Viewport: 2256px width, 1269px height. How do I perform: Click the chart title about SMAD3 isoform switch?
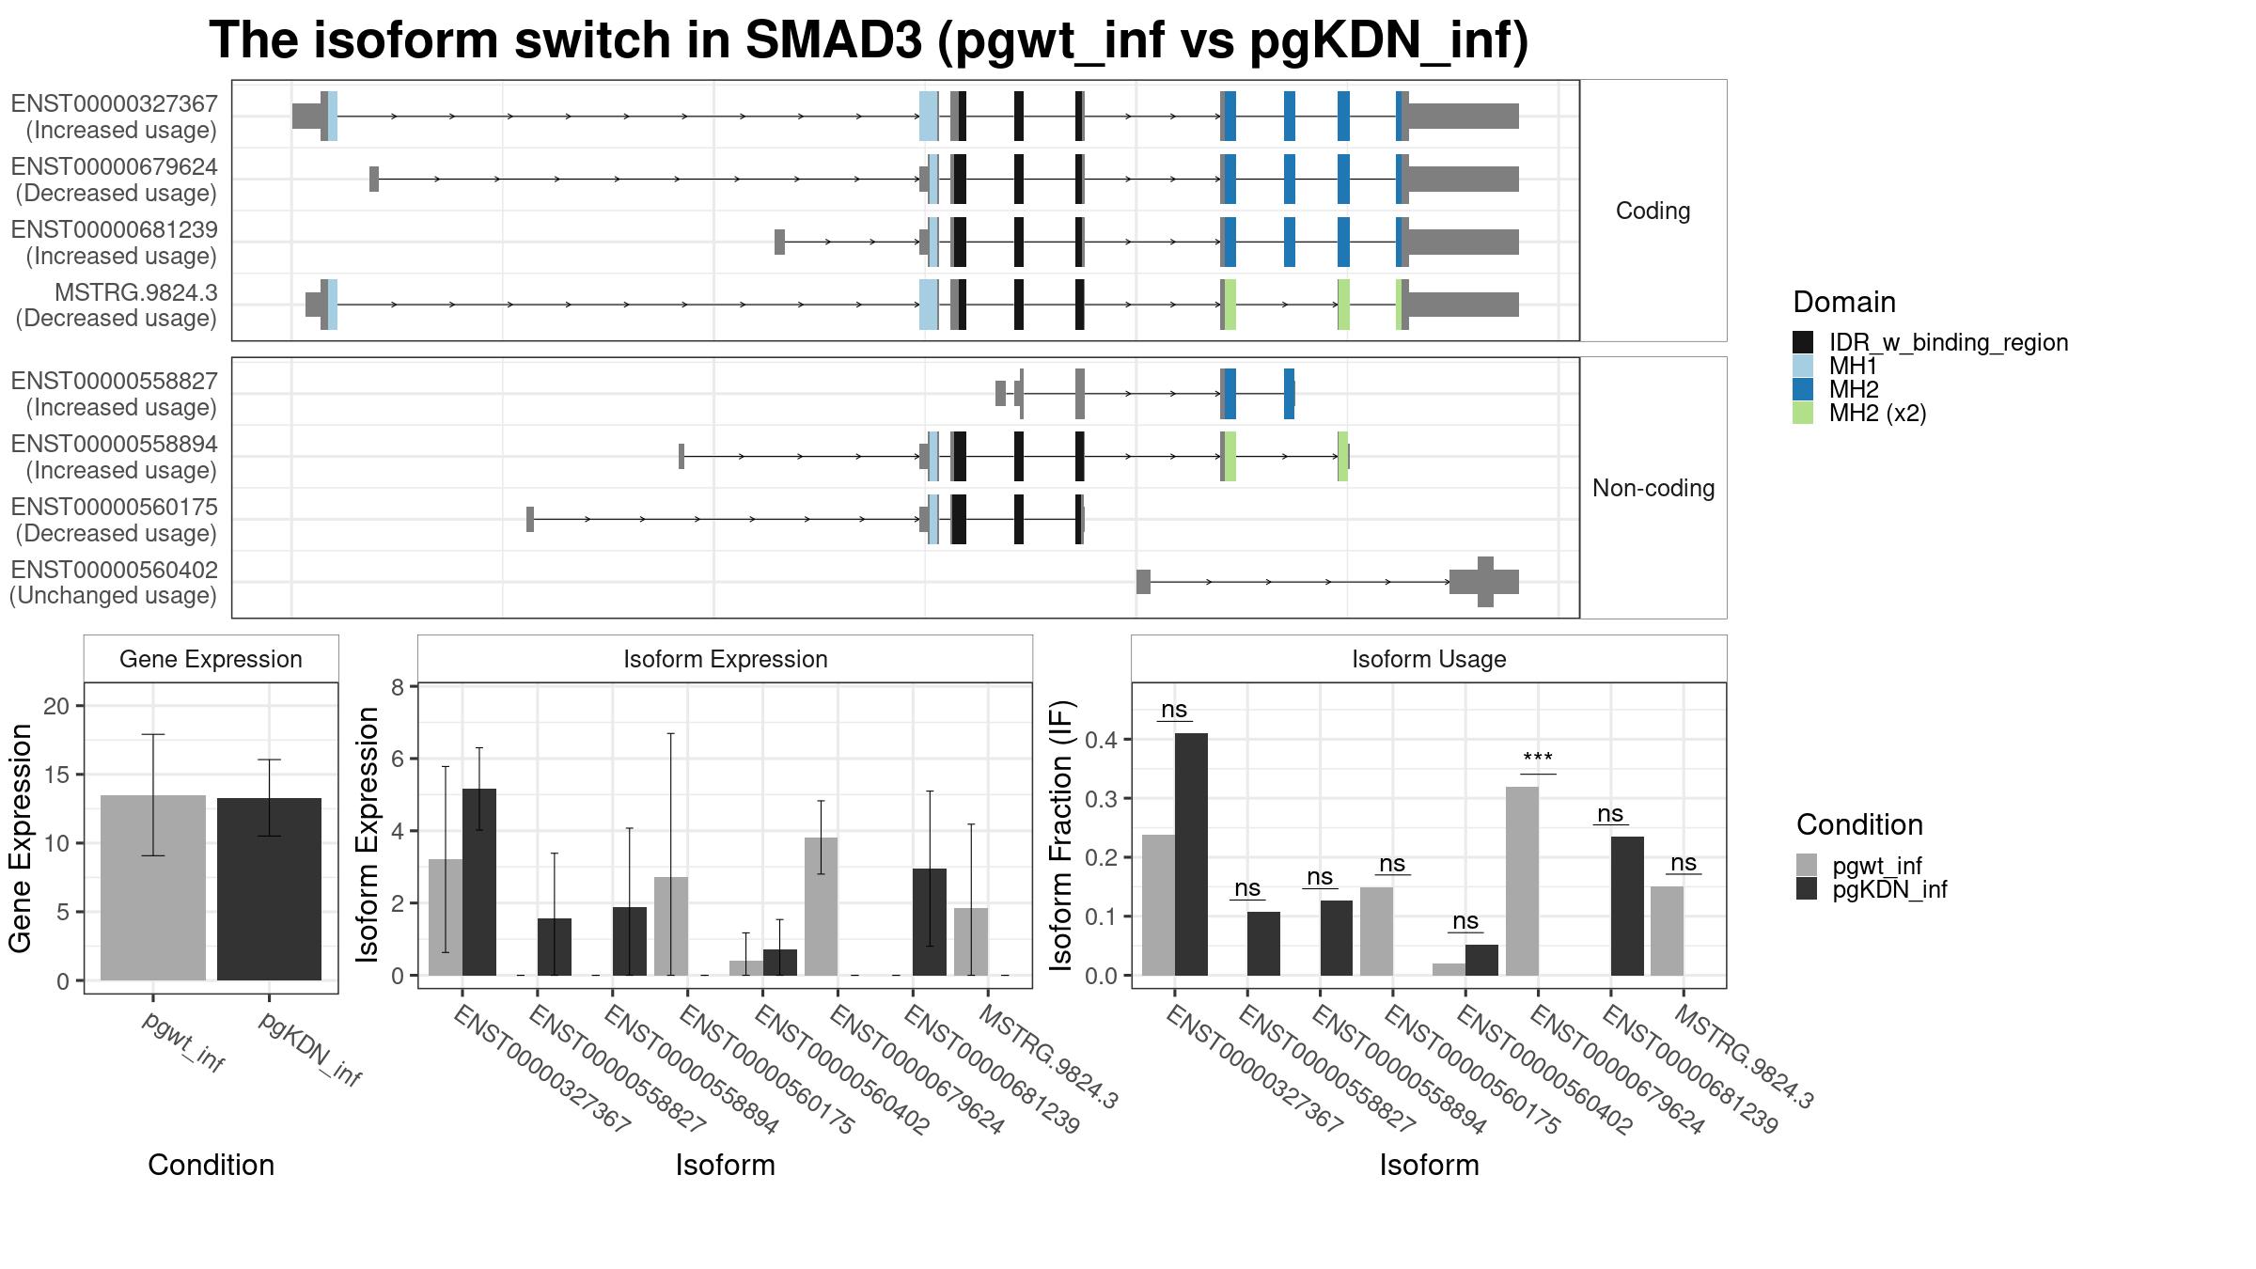click(869, 41)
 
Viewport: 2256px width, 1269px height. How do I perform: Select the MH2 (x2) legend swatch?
click(1803, 413)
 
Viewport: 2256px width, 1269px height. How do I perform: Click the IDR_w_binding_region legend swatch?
click(1803, 342)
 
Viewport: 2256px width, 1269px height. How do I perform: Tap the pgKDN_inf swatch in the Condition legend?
click(1807, 889)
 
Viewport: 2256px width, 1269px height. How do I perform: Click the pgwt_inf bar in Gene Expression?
click(153, 887)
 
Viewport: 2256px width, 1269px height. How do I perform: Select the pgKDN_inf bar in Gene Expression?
click(269, 889)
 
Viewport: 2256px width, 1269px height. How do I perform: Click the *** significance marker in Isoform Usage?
click(1538, 758)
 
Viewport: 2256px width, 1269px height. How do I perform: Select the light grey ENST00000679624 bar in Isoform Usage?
click(1522, 881)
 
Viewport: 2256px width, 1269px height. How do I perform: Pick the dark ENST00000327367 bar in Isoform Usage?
click(1191, 854)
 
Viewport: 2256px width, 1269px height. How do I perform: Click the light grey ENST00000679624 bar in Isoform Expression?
click(821, 906)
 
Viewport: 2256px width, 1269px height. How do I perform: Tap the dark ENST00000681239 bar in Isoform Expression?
click(930, 922)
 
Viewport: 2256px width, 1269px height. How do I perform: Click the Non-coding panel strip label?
click(1653, 488)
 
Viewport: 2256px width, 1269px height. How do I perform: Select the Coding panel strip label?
click(1653, 211)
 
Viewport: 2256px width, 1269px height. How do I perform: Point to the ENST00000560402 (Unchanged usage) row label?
click(114, 583)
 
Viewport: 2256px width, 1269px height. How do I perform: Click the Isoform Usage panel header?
click(1429, 659)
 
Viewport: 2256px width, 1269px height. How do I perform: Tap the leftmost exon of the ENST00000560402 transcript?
click(1143, 582)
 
